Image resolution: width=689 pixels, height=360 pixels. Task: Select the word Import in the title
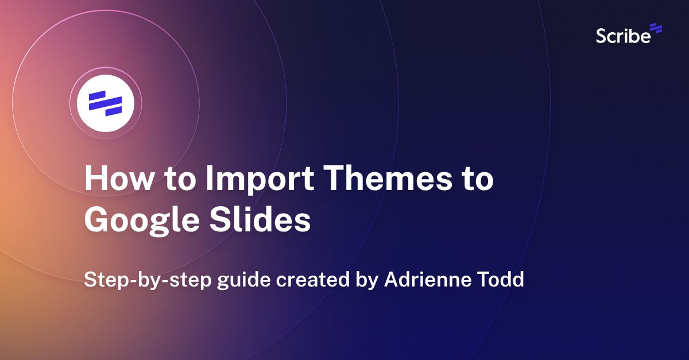pos(253,179)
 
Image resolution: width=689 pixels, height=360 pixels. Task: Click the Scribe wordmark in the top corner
pos(623,36)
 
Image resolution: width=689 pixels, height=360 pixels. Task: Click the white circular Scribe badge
pos(106,103)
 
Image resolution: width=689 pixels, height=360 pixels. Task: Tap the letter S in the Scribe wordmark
pos(601,36)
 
